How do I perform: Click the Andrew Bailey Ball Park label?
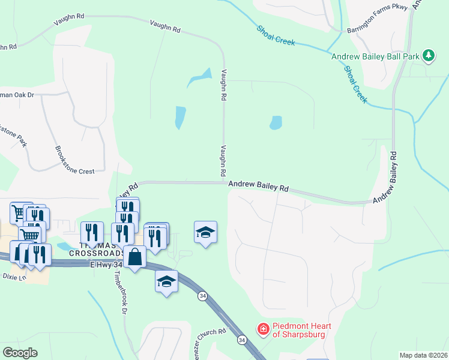[x=375, y=56]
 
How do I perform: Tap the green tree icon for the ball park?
[x=428, y=56]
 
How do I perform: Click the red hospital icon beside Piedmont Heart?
[x=262, y=329]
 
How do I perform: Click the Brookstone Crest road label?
[x=74, y=160]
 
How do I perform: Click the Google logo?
[x=19, y=353]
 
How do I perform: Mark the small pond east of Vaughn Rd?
[x=276, y=123]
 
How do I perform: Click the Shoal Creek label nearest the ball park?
[x=355, y=84]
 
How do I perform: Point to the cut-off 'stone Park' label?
[x=13, y=137]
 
